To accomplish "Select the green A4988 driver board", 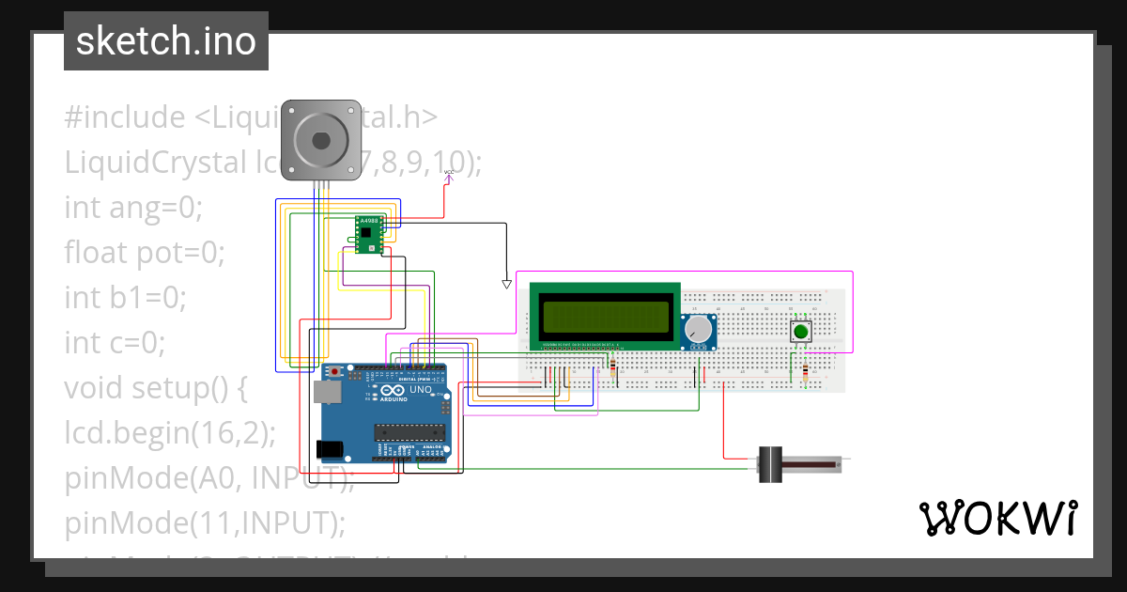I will pos(368,234).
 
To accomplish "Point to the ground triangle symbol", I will pos(506,283).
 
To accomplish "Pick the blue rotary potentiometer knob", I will pos(698,330).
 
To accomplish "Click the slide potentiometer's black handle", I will pos(770,464).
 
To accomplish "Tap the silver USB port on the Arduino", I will pos(326,392).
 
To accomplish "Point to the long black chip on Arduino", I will pos(409,432).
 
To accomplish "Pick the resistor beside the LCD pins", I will pos(613,366).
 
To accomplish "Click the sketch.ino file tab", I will pos(165,41).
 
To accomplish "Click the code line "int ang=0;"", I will pos(133,207).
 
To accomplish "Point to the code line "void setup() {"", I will pos(155,387).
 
